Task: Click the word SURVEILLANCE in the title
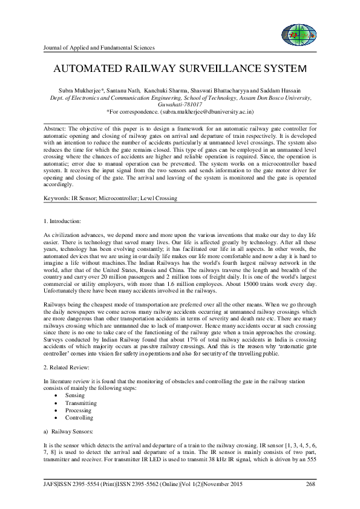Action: coord(201,68)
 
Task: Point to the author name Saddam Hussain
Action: coord(293,89)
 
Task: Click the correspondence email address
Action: coord(193,112)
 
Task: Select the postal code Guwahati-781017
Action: coord(180,105)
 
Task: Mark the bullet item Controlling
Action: coord(79,418)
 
